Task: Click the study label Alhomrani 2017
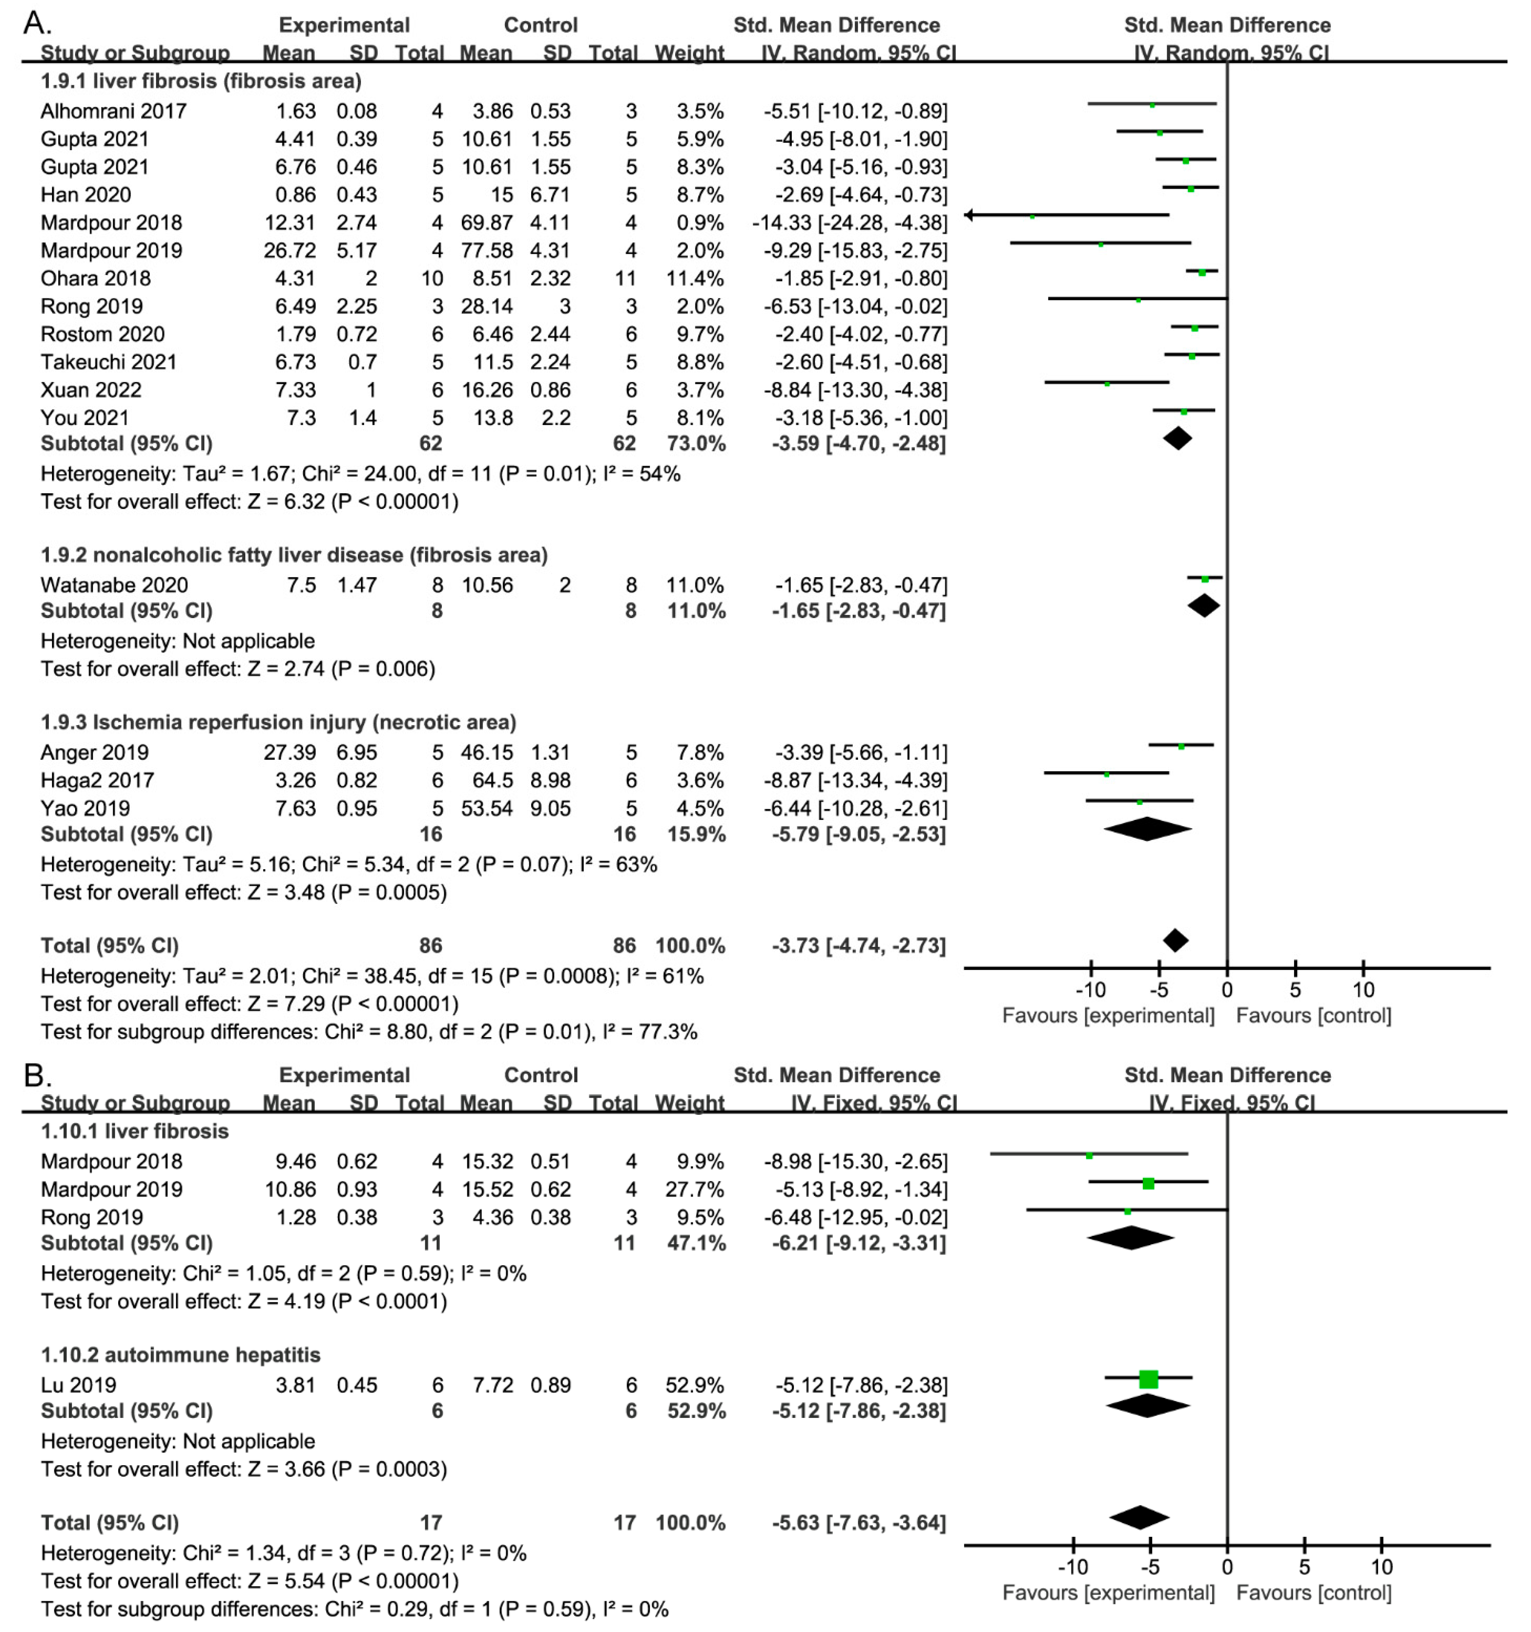tap(113, 111)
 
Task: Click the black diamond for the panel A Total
tap(1175, 941)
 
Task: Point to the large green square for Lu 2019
tap(1149, 1379)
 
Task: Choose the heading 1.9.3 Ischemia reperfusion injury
tap(278, 722)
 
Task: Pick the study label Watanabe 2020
tap(114, 585)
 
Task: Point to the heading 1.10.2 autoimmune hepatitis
tap(181, 1354)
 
